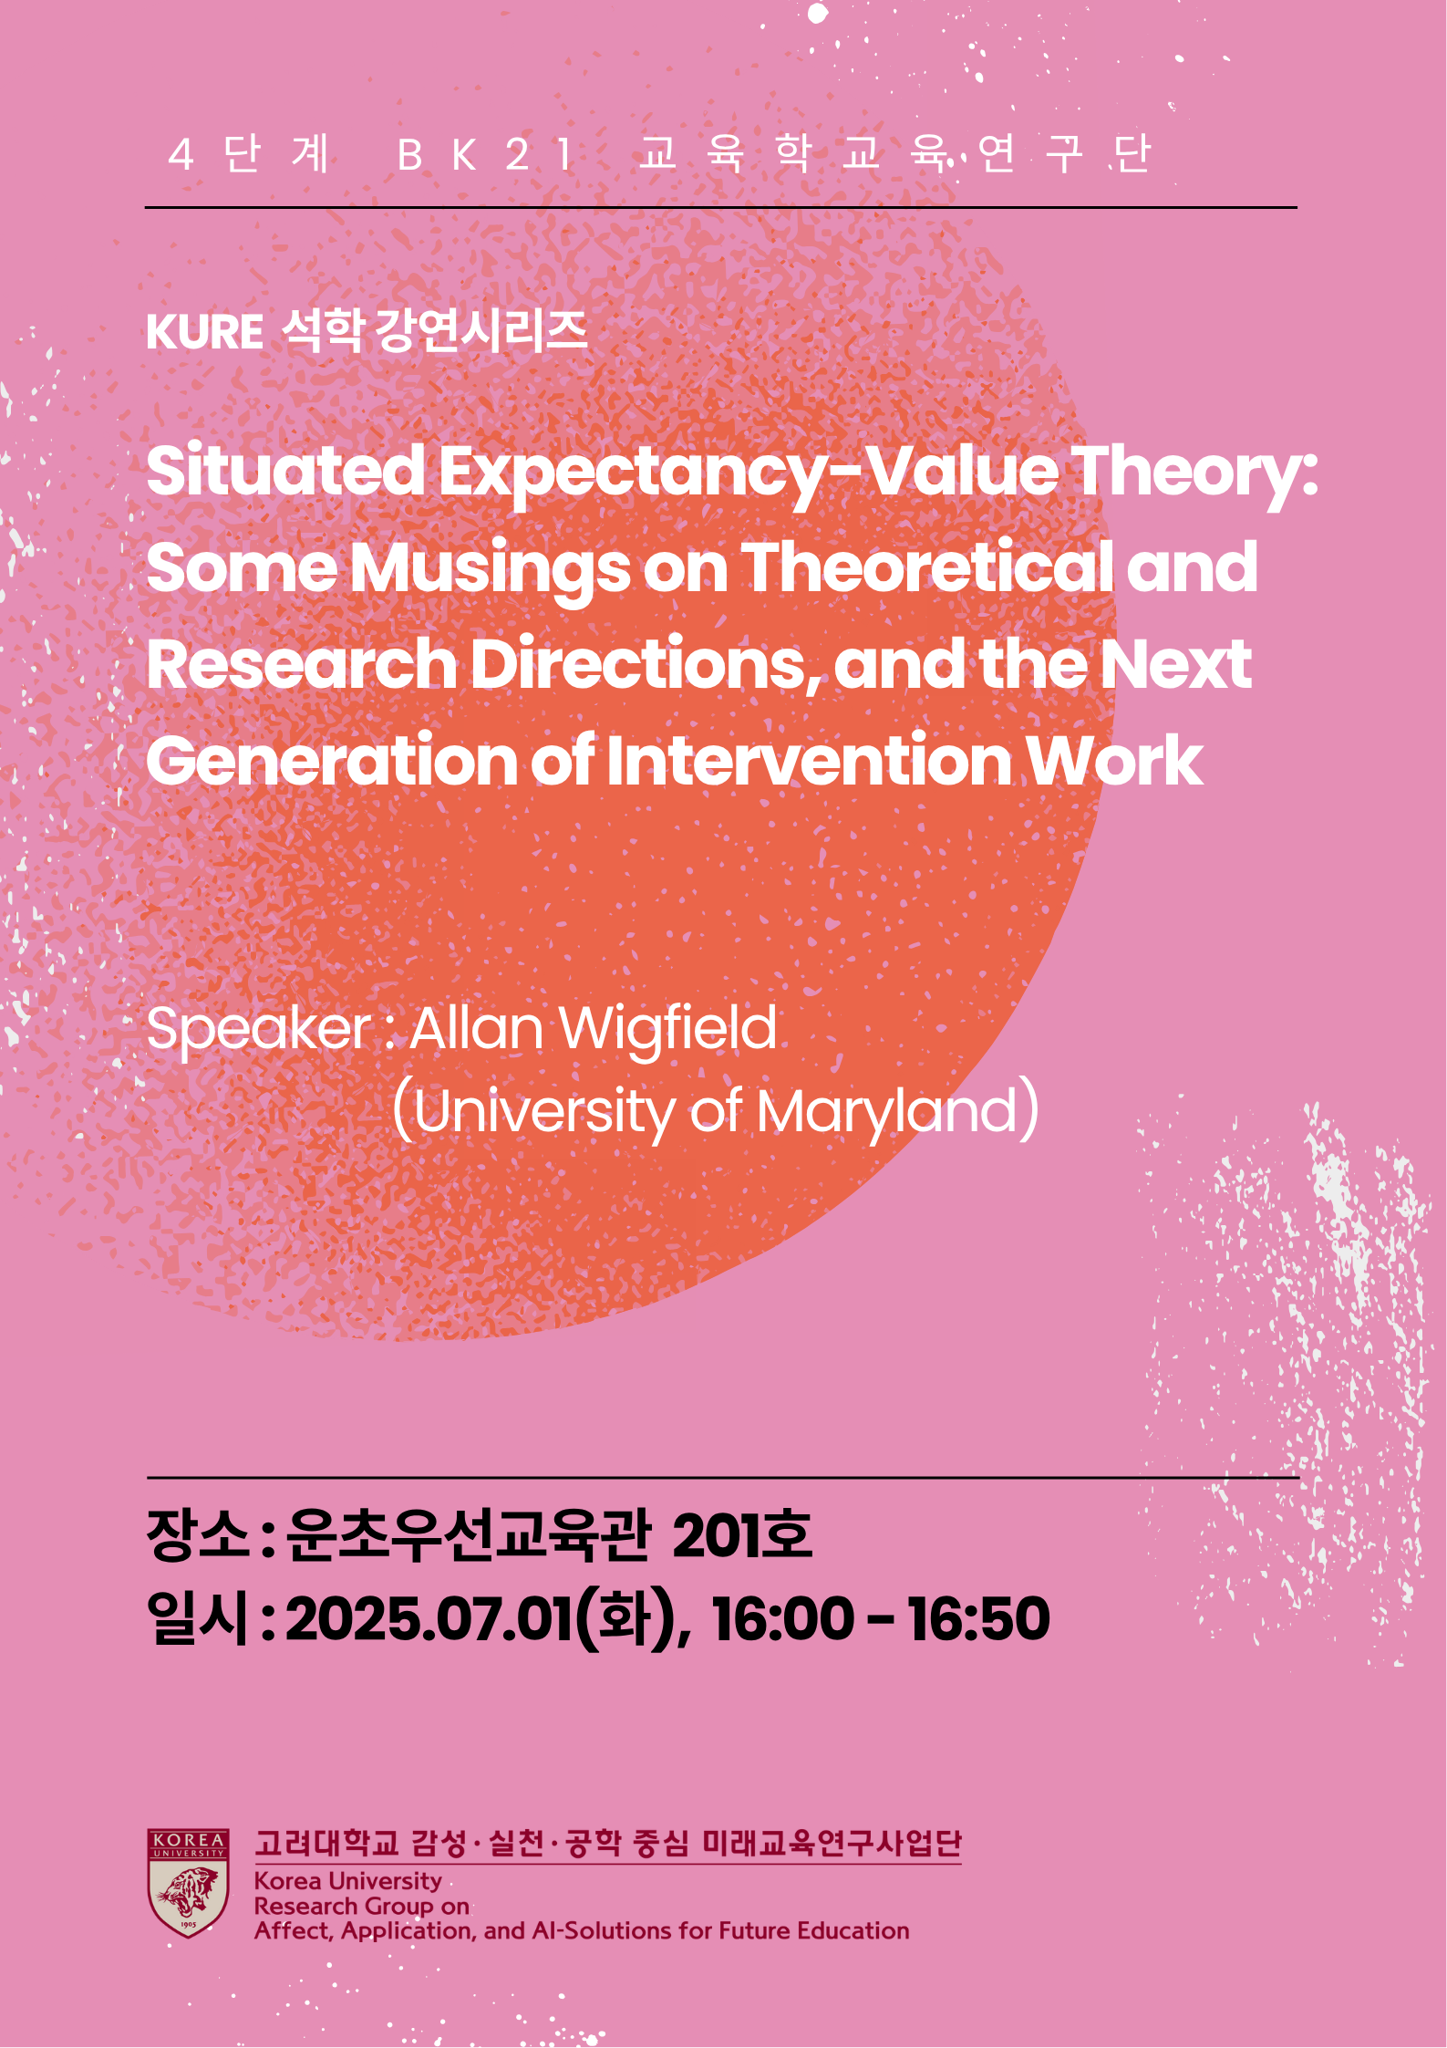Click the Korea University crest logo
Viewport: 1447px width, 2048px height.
click(188, 1883)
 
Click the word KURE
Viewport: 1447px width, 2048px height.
click(204, 332)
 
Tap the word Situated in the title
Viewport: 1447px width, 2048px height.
click(285, 472)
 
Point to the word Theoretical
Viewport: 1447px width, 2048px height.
click(927, 567)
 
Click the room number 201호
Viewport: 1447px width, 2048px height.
click(741, 1534)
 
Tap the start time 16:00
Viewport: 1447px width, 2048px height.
click(782, 1619)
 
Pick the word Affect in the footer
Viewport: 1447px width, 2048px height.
click(292, 1931)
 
